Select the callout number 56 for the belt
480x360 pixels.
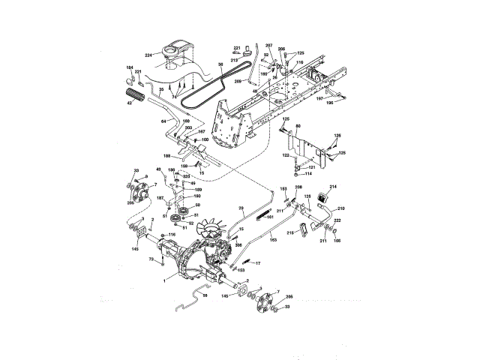tap(221, 65)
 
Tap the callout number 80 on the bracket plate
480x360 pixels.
tap(298, 126)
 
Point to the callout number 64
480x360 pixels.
tap(163, 121)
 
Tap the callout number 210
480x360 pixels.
tap(340, 207)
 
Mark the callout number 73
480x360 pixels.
tap(151, 259)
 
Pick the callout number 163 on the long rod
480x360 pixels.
tap(273, 238)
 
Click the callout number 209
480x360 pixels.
tap(238, 79)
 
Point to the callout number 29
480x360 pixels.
tap(241, 207)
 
